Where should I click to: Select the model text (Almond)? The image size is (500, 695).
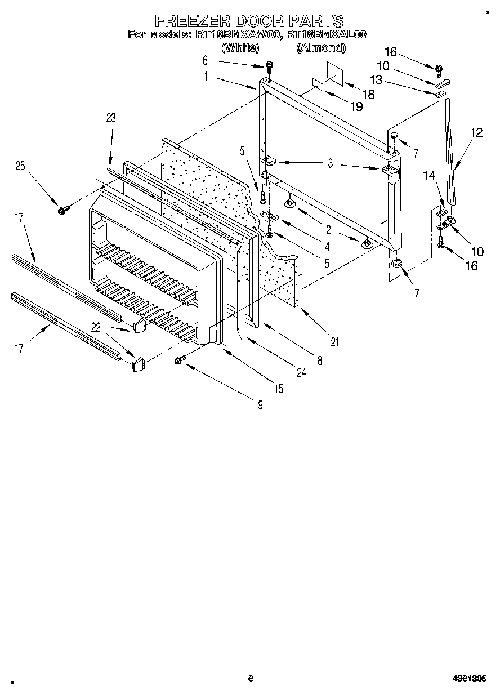pos(320,48)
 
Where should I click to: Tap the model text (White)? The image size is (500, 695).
pos(240,48)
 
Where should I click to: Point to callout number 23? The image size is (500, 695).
pos(110,118)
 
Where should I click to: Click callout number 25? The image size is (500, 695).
pos(20,166)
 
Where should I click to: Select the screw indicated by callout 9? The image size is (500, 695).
pos(181,359)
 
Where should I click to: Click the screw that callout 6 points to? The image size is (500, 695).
pos(269,66)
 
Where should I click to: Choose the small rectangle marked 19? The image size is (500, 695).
pos(318,84)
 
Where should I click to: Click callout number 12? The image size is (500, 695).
pos(476,133)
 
